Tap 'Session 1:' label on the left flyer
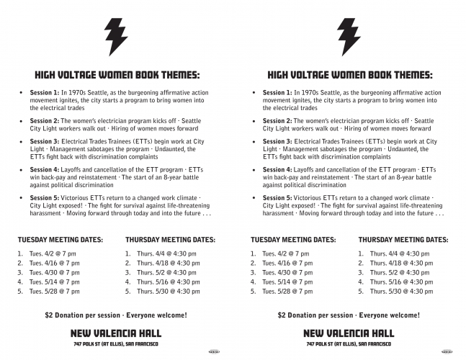point(45,93)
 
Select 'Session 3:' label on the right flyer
point(277,142)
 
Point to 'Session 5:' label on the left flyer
point(45,197)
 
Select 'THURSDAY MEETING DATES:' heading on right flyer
point(403,239)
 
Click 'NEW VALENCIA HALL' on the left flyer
point(116,333)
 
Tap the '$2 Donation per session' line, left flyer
point(116,315)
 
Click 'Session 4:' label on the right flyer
point(277,170)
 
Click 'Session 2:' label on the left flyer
point(45,121)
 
